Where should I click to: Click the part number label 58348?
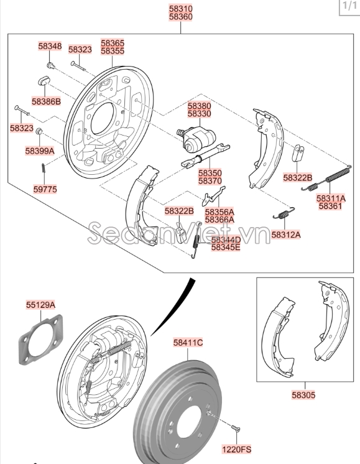click(x=50, y=46)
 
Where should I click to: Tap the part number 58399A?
click(x=40, y=151)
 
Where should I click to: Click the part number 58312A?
click(x=285, y=234)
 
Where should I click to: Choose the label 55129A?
click(x=40, y=305)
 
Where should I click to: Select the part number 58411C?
click(x=188, y=343)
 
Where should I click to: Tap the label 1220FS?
click(x=237, y=448)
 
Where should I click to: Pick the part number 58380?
click(x=200, y=106)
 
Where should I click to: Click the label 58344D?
click(x=226, y=239)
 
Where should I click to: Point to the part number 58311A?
click(x=331, y=198)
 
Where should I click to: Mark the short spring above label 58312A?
click(x=283, y=213)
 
